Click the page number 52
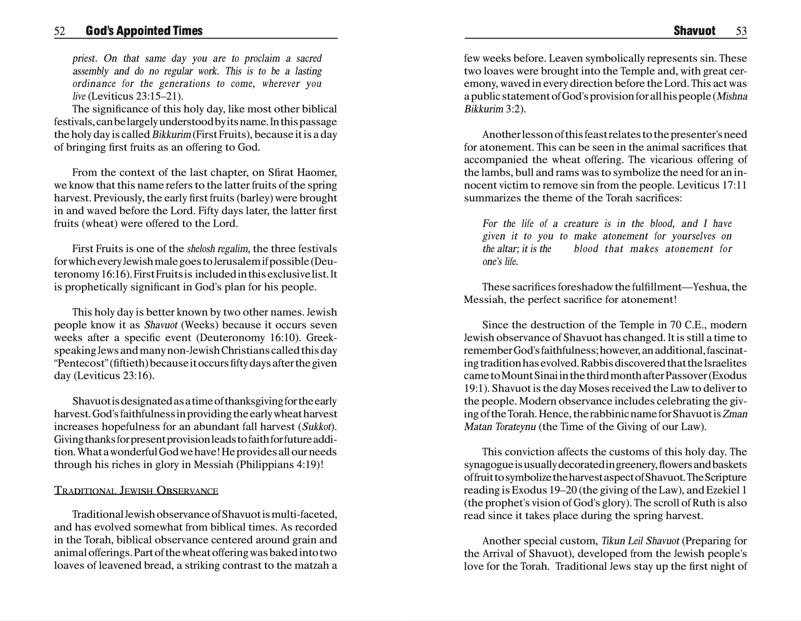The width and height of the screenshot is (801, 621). (x=59, y=31)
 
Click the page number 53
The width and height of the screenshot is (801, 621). (x=741, y=31)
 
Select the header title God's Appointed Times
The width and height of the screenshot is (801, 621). (x=144, y=31)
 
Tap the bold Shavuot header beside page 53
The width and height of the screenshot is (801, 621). (x=694, y=31)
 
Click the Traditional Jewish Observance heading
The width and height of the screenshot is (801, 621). (x=136, y=490)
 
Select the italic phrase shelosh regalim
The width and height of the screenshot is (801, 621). (x=217, y=249)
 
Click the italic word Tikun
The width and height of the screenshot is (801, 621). (x=613, y=541)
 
